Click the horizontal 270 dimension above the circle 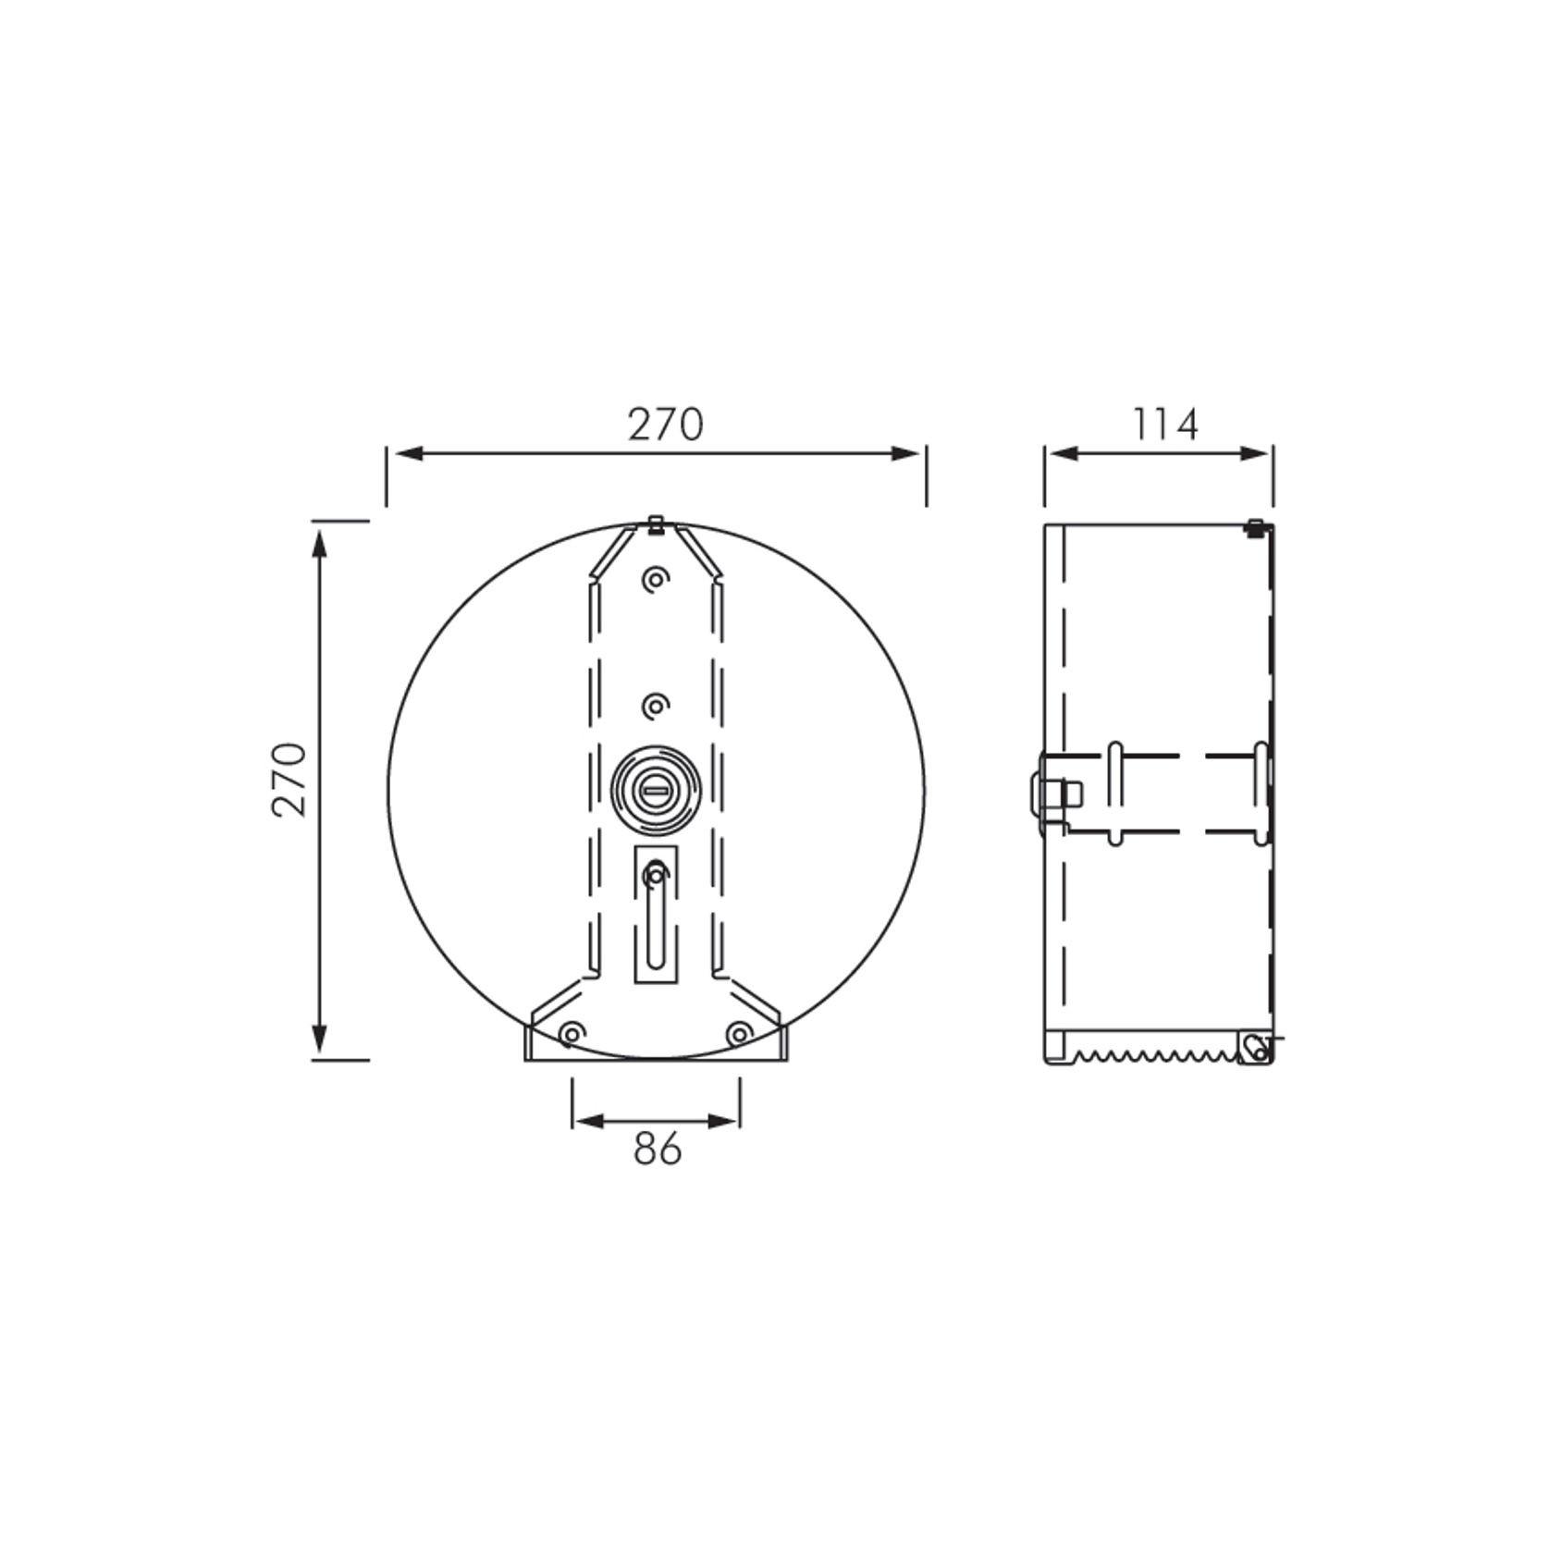[x=666, y=425]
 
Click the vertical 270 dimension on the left [x=289, y=779]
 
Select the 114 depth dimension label [x=1165, y=425]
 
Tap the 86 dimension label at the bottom [x=658, y=1149]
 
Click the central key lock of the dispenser [x=656, y=788]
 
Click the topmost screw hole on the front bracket [x=655, y=581]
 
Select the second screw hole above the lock [x=655, y=707]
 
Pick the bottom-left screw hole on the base [x=572, y=1033]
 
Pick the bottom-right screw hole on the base [x=739, y=1033]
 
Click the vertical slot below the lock [x=656, y=916]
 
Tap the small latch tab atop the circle [x=655, y=524]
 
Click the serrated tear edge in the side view [x=1151, y=1055]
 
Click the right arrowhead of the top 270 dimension [x=906, y=453]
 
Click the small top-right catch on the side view [x=1255, y=529]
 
